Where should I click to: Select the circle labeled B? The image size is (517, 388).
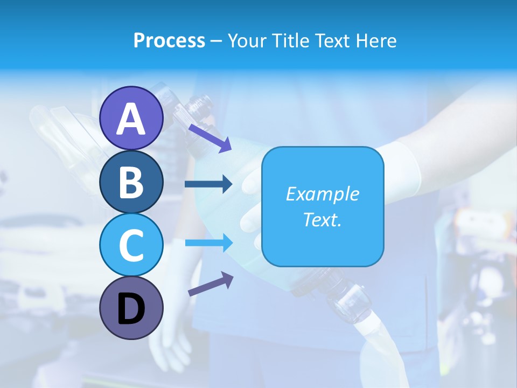131,182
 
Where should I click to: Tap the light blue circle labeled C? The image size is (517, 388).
131,245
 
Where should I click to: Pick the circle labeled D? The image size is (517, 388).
131,309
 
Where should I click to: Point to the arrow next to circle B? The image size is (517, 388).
208,184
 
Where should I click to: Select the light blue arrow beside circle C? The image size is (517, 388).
209,243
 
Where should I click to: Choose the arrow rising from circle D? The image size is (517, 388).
211,284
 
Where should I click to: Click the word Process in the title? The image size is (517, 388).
169,40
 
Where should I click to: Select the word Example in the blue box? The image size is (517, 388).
323,194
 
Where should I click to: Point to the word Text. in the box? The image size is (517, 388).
323,219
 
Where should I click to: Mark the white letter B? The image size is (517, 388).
131,182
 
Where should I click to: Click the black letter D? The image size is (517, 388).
131,310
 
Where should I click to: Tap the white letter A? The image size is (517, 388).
131,119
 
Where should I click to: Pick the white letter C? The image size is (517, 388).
131,245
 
